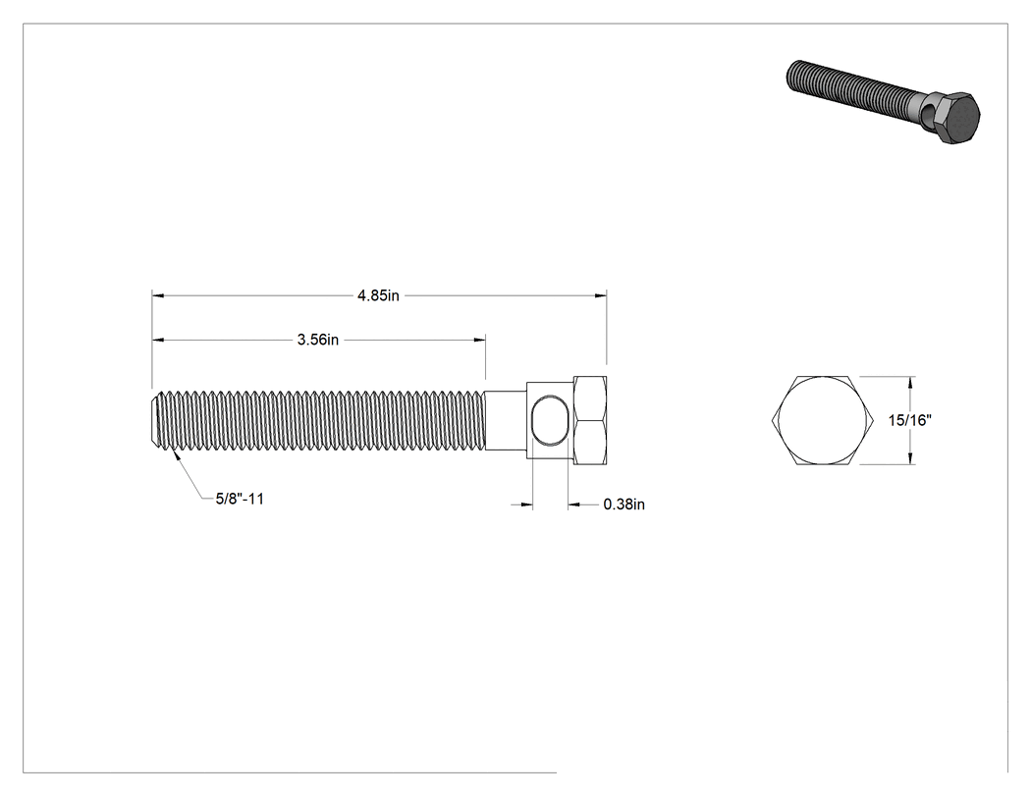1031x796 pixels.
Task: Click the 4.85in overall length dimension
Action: pyautogui.click(x=378, y=295)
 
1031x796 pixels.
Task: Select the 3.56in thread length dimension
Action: pyautogui.click(x=317, y=340)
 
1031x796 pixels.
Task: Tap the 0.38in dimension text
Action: pyautogui.click(x=624, y=504)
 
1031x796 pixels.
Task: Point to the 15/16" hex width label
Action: pyautogui.click(x=910, y=420)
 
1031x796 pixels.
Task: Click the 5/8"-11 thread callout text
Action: pyautogui.click(x=240, y=499)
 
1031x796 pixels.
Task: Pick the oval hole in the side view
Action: pyautogui.click(x=548, y=421)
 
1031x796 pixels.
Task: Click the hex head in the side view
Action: pyautogui.click(x=590, y=421)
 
